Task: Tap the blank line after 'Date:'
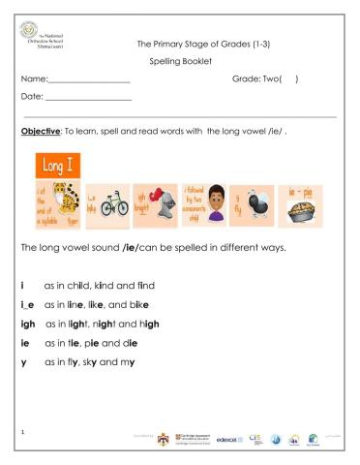point(88,100)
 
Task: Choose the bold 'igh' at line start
point(28,324)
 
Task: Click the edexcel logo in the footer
point(233,438)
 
